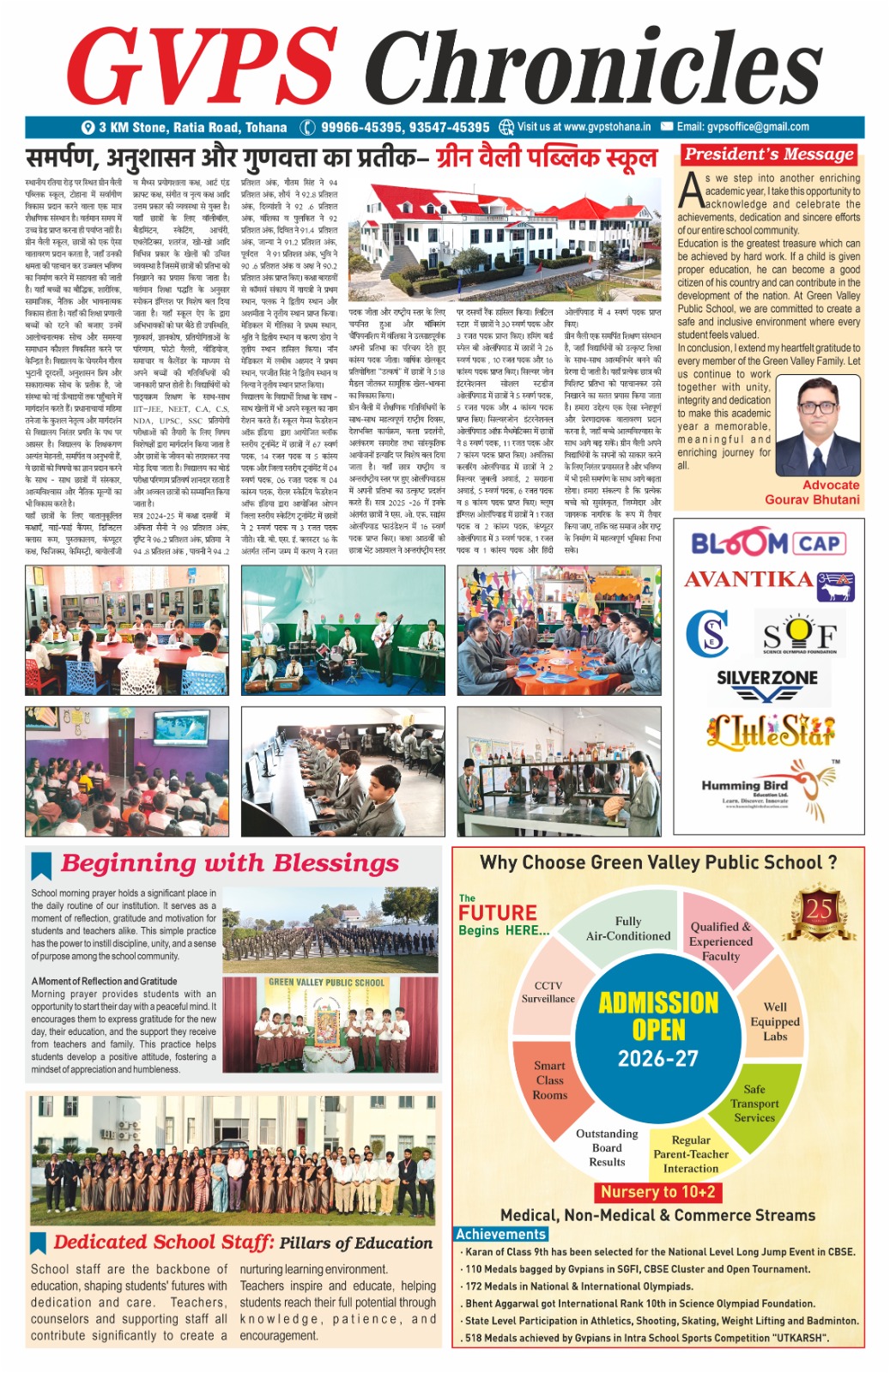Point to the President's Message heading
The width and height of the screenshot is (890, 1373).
click(x=768, y=154)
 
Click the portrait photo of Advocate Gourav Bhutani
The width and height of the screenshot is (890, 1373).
click(x=817, y=426)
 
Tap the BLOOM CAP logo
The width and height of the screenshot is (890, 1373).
click(x=767, y=543)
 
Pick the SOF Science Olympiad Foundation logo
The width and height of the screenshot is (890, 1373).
click(x=800, y=635)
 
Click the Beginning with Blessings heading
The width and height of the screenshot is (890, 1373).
click(x=230, y=862)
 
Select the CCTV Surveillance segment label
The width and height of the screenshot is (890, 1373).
click(x=548, y=992)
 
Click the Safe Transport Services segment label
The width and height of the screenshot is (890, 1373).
click(x=754, y=1104)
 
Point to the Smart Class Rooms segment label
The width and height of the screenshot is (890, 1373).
click(x=550, y=1080)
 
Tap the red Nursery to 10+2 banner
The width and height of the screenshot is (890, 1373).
click(x=657, y=1192)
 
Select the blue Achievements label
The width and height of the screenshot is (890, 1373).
click(x=500, y=1234)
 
